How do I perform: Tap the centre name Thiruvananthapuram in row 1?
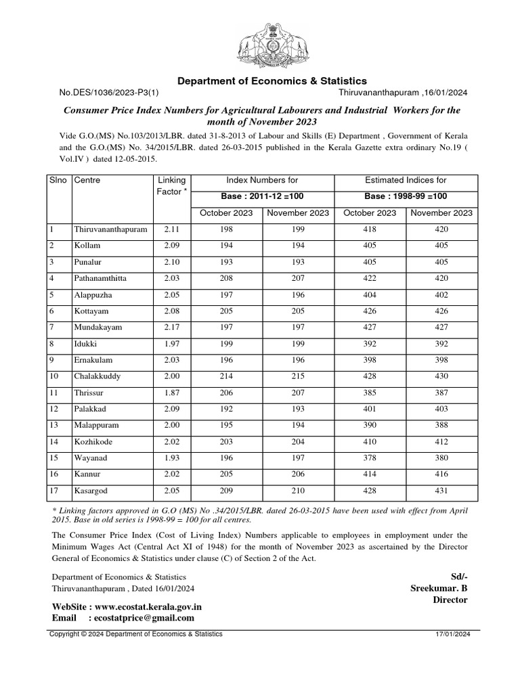click(110, 230)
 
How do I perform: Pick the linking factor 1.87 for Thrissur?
click(171, 393)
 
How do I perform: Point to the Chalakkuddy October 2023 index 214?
click(226, 376)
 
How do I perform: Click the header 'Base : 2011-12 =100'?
click(262, 196)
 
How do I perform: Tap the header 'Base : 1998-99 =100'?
click(406, 196)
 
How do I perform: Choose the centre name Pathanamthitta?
click(100, 279)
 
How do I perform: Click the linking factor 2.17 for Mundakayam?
click(171, 328)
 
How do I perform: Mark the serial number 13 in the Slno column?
click(53, 425)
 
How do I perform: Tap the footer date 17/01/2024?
click(453, 634)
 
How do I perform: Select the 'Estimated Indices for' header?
click(406, 181)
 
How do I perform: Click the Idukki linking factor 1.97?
click(171, 344)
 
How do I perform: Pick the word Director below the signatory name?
click(450, 600)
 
